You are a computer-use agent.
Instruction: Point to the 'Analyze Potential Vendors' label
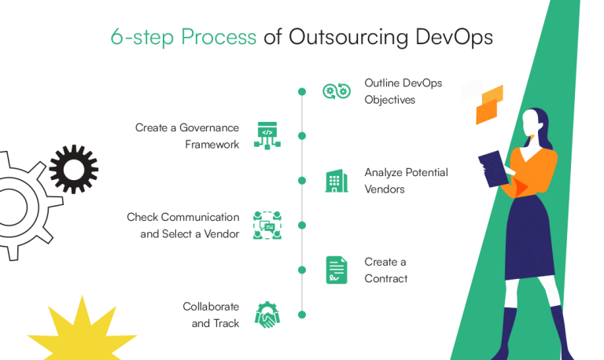pyautogui.click(x=406, y=181)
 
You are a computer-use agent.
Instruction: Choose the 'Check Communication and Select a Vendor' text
pyautogui.click(x=182, y=226)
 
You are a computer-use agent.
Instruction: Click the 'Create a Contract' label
pyautogui.click(x=385, y=270)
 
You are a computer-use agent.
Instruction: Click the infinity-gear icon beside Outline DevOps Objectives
pyautogui.click(x=336, y=91)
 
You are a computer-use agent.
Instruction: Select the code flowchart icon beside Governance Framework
pyautogui.click(x=267, y=135)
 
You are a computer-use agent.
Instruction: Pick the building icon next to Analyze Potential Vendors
pyautogui.click(x=337, y=182)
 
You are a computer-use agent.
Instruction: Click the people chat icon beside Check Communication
pyautogui.click(x=267, y=226)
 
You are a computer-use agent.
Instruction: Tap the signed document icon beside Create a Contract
pyautogui.click(x=337, y=270)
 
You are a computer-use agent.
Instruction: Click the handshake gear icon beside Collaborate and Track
pyautogui.click(x=267, y=315)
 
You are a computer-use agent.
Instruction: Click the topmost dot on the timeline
pyautogui.click(x=302, y=92)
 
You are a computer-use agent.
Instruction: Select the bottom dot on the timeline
pyautogui.click(x=302, y=315)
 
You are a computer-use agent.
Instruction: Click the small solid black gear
pyautogui.click(x=73, y=168)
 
